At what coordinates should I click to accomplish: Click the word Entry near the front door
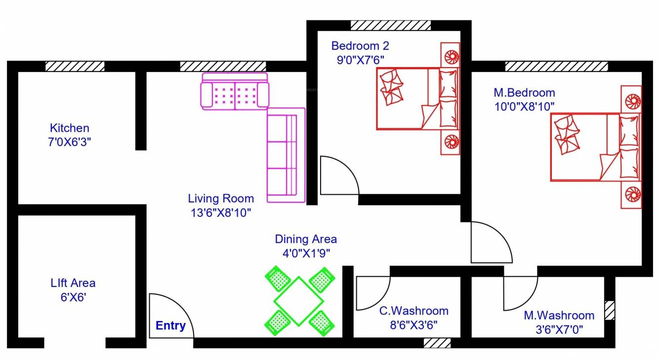[170, 326]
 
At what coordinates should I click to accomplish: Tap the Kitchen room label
[70, 128]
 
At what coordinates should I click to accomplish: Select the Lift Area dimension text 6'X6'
[73, 298]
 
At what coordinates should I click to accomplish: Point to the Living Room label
[221, 199]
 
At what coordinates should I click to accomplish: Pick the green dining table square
[299, 301]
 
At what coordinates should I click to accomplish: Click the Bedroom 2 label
[360, 46]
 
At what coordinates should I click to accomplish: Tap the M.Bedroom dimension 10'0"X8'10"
[525, 106]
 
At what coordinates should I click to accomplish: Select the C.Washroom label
[413, 311]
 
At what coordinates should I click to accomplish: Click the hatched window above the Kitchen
[75, 66]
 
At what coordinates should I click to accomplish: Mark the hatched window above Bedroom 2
[390, 25]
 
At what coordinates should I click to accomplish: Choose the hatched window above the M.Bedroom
[556, 66]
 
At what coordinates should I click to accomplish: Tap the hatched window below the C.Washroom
[437, 343]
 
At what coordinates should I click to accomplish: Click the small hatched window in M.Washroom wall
[610, 310]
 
